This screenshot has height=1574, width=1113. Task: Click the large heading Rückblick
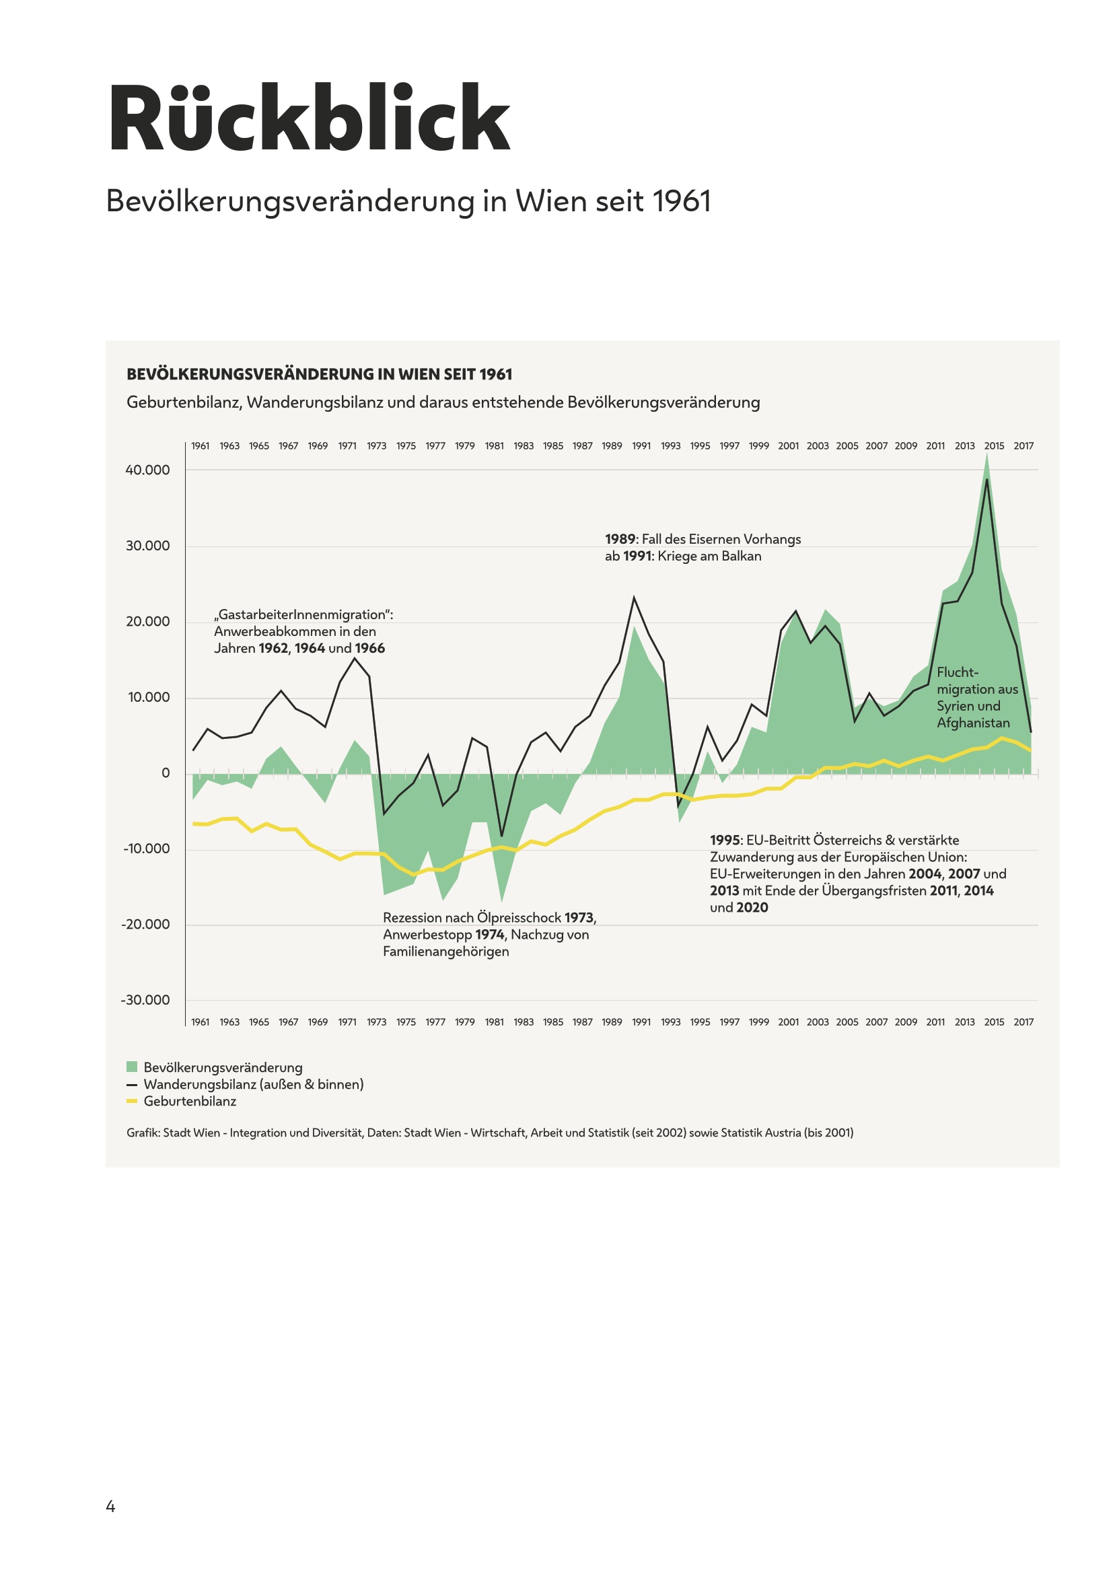coord(308,118)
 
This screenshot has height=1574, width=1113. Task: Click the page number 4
coord(110,1506)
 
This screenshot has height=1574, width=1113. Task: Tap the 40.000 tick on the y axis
coord(147,470)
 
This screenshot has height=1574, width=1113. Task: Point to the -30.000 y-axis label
coord(145,999)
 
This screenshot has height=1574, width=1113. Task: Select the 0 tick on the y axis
coord(165,773)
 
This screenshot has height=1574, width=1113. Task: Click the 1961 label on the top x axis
coord(200,445)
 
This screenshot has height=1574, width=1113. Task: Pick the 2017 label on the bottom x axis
coord(1024,1022)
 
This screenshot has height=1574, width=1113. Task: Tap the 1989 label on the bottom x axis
coord(611,1022)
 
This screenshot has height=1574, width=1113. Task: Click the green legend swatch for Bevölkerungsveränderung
coord(132,1067)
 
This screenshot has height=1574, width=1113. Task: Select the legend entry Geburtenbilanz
coord(190,1101)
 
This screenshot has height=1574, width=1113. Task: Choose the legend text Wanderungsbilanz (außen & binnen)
coord(254,1084)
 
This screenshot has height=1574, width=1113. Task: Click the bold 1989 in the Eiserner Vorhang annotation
coord(620,539)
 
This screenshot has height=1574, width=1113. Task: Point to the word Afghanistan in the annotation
coord(973,723)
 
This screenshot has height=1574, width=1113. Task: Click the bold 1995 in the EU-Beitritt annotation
coord(725,840)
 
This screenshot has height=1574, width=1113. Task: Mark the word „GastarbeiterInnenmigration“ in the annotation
coord(303,614)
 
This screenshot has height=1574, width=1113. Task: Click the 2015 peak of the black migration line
coord(987,479)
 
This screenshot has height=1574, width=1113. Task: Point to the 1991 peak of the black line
coord(634,598)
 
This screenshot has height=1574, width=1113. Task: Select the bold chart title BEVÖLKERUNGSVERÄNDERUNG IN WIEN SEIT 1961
coord(320,374)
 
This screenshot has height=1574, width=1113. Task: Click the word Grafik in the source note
coord(143,1133)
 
